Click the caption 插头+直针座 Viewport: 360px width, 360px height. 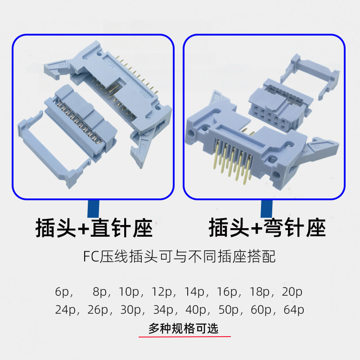click(94, 228)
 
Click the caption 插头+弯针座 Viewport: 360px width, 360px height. click(267, 228)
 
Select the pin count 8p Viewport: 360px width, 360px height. click(102, 292)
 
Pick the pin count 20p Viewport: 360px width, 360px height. click(292, 292)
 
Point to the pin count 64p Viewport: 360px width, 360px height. click(294, 310)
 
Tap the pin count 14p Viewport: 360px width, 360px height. click(195, 292)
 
